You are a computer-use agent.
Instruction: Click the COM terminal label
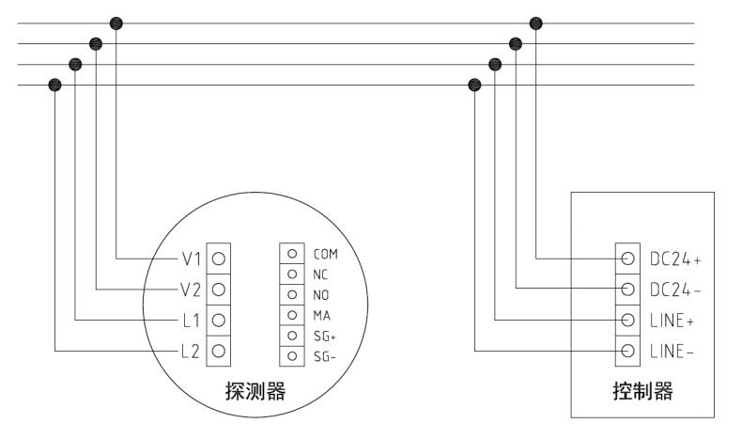(x=325, y=254)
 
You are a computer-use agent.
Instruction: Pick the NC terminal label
(x=320, y=274)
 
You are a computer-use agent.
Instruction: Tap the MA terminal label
(x=320, y=315)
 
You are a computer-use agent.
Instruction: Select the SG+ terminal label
(x=325, y=336)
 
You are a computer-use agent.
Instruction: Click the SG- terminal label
(x=325, y=356)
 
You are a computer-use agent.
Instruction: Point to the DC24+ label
(x=675, y=257)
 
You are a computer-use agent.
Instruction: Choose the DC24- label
(x=675, y=288)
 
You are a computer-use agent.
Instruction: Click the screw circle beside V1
(x=219, y=257)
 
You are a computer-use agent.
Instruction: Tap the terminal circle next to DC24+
(x=627, y=257)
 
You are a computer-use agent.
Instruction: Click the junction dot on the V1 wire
(x=116, y=22)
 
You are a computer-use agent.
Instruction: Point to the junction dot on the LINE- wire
(x=474, y=85)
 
